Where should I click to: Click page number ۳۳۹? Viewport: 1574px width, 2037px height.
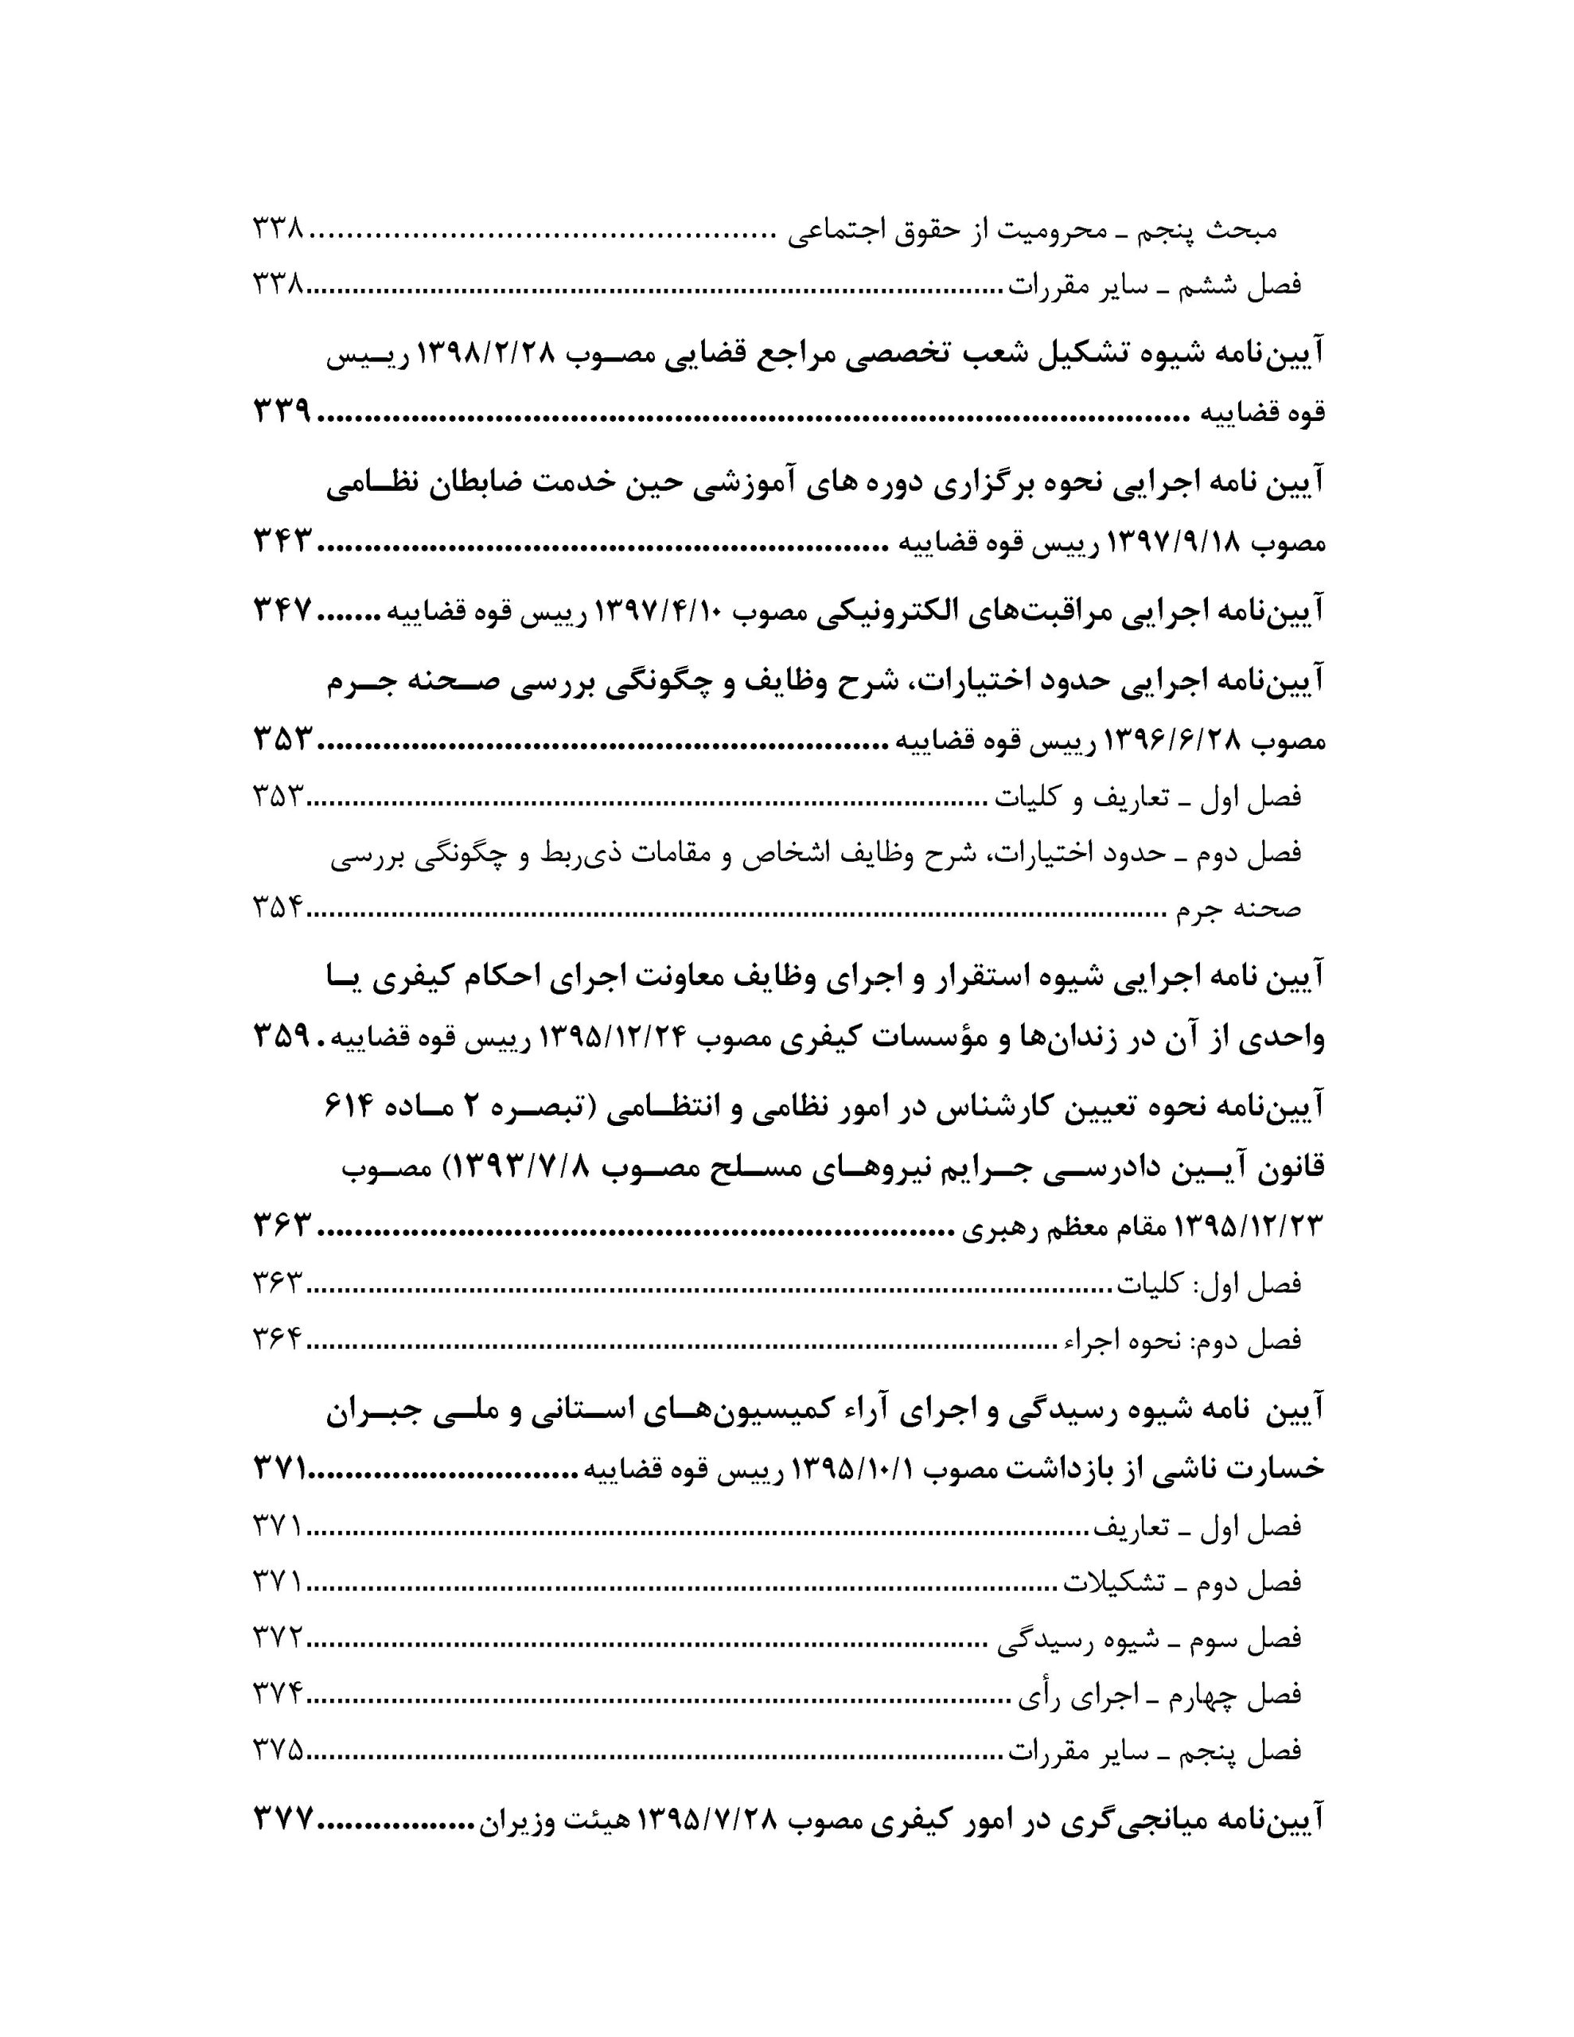pos(281,411)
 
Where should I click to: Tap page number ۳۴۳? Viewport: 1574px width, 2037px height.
pos(281,541)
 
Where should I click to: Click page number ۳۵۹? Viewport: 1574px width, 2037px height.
pos(281,1036)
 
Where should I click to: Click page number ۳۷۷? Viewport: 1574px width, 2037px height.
pos(281,1817)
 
